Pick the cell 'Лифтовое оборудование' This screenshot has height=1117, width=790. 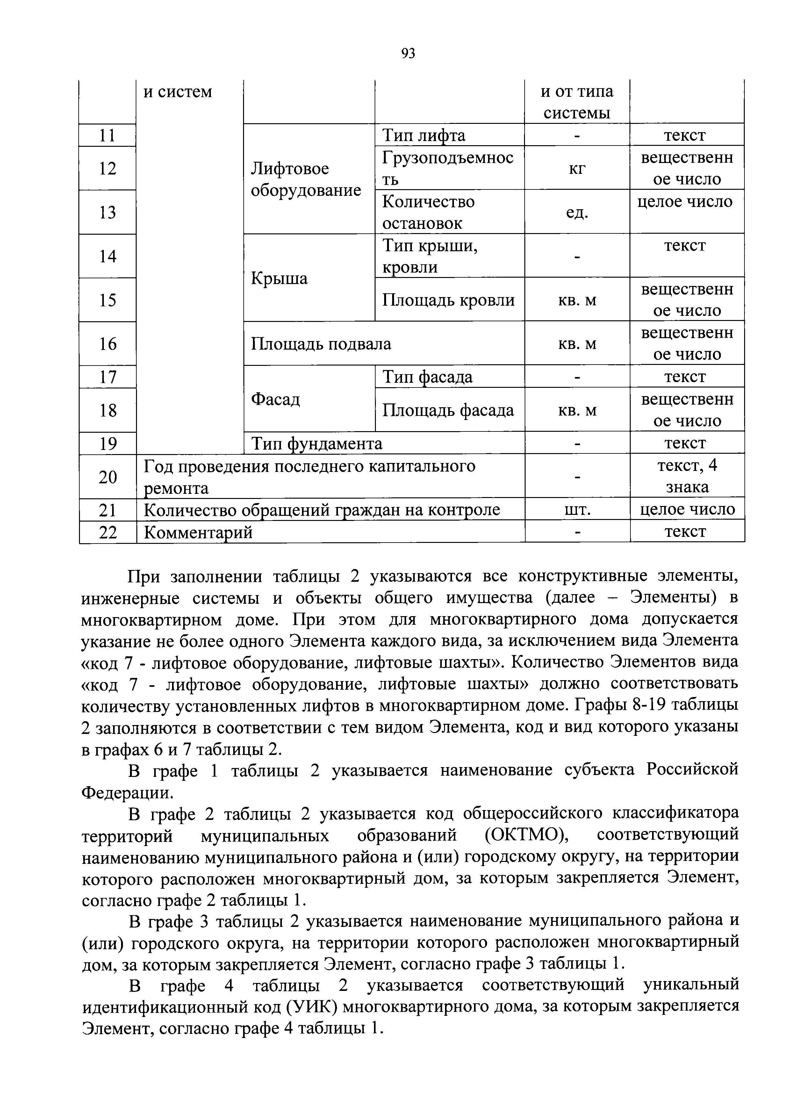pyautogui.click(x=306, y=179)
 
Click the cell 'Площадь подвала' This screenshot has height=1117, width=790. pyautogui.click(x=321, y=344)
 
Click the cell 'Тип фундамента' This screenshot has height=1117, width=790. pyautogui.click(x=316, y=443)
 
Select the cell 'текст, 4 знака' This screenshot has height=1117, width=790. pyautogui.click(x=687, y=476)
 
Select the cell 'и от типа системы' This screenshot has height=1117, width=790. pyautogui.click(x=577, y=102)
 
